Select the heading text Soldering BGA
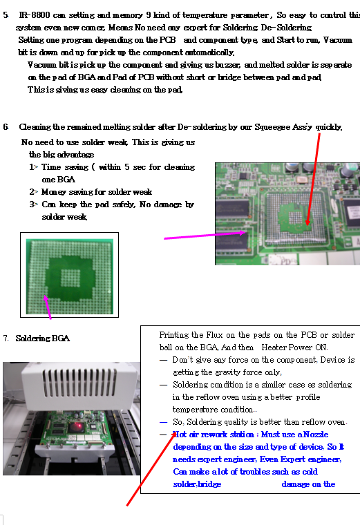point(43,338)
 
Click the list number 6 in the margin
point(6,127)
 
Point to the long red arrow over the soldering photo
point(151,469)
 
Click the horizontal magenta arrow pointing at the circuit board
point(205,236)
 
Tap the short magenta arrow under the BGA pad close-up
point(48,307)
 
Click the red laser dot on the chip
point(79,426)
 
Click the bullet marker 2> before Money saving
point(33,192)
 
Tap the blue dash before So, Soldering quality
point(164,422)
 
